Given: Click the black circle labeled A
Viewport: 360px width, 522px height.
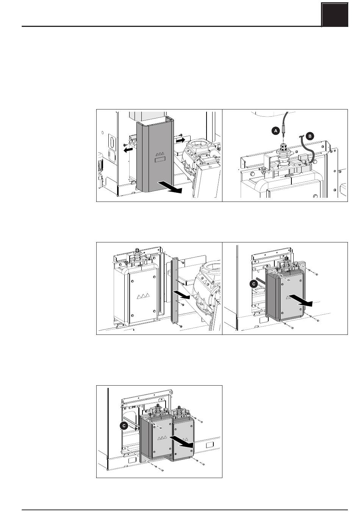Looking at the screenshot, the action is (276, 131).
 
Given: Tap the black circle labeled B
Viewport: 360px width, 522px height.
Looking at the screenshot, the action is (310, 136).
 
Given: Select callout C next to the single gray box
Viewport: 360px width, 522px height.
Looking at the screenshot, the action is (254, 284).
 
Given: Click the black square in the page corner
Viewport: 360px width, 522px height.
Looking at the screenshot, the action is (335, 15).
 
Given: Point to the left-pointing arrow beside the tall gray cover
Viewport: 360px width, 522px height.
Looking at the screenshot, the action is (128, 150).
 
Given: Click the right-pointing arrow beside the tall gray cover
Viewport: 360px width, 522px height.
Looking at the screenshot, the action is (180, 141).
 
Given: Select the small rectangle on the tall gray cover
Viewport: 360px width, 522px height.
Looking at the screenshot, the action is (160, 159).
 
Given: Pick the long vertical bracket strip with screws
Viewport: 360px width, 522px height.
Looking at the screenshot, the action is (175, 291).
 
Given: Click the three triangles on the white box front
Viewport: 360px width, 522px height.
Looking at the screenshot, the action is (143, 296).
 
